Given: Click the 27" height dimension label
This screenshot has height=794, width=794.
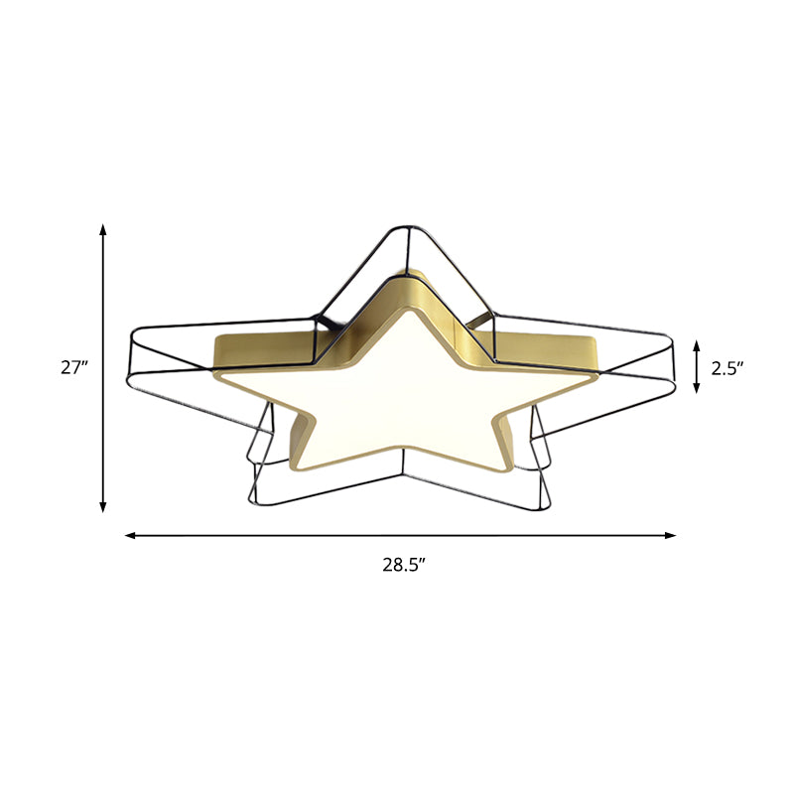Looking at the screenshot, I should point(74,367).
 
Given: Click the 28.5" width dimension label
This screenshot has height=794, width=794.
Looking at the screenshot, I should point(404,566).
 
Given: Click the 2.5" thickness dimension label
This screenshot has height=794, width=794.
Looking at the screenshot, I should point(728,367).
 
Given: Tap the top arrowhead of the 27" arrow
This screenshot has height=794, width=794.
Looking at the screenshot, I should point(102,229).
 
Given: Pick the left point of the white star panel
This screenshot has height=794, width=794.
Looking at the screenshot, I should point(220,377).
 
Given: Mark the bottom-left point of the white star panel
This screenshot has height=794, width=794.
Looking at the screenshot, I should point(298,466).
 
